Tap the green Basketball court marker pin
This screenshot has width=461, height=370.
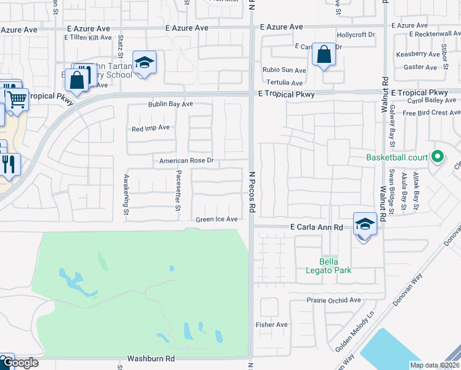(x=438, y=157)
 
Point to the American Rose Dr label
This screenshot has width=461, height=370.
(x=186, y=161)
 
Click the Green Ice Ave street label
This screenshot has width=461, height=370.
(x=217, y=220)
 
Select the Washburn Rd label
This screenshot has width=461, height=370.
(x=151, y=358)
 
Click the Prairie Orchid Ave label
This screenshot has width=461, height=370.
(x=333, y=300)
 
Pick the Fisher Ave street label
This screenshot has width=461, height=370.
(x=272, y=324)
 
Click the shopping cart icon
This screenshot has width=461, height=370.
(x=16, y=98)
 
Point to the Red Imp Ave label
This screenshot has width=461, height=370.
(x=150, y=128)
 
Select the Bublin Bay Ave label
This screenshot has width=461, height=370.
(x=170, y=105)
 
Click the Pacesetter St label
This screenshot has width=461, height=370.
(x=178, y=191)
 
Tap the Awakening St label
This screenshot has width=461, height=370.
(x=126, y=194)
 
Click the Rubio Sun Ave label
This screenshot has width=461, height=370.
(x=284, y=70)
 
